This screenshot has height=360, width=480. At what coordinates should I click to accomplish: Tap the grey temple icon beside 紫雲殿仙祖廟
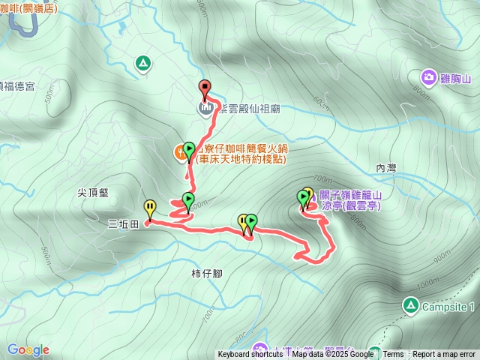tap(205, 109)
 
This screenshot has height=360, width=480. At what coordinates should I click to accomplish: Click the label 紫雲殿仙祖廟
tap(248, 109)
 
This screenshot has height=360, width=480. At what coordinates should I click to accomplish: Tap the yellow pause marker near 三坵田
tap(150, 208)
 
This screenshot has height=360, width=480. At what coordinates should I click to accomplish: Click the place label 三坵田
tap(124, 223)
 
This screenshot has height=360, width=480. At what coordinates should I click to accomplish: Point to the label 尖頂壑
tap(93, 192)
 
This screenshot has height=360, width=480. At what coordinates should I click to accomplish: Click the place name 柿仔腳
tap(207, 273)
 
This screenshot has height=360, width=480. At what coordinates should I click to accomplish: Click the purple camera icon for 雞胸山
tap(428, 76)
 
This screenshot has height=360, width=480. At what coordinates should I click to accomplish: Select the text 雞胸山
tap(454, 77)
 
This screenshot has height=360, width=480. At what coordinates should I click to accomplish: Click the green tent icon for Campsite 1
tap(410, 305)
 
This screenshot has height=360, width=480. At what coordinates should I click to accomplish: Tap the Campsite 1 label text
tap(448, 307)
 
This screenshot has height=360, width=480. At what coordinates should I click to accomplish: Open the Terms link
tap(393, 355)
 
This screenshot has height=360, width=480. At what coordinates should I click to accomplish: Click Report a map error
tap(444, 355)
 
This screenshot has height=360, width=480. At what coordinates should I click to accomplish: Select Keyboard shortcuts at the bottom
tap(250, 355)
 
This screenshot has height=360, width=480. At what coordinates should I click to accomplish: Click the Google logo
tap(28, 349)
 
